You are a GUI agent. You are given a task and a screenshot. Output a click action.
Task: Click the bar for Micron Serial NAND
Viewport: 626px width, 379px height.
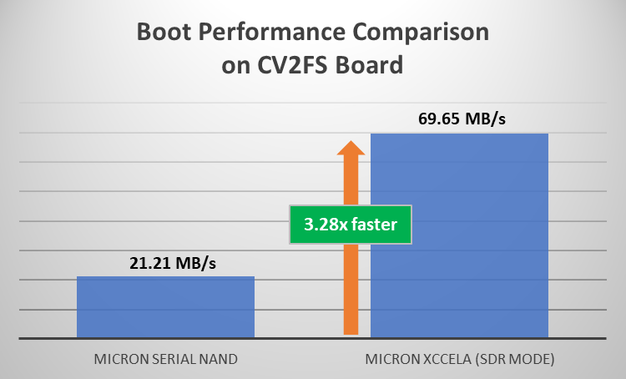tap(165, 306)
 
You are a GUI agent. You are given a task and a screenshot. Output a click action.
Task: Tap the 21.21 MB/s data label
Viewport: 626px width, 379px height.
tap(165, 264)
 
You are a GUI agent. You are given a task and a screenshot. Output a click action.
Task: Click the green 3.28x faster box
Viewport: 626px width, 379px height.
tap(351, 225)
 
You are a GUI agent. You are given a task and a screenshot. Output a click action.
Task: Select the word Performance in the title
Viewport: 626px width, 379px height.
tap(270, 35)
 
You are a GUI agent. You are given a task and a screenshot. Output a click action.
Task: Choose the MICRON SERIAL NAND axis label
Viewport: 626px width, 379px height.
tap(165, 360)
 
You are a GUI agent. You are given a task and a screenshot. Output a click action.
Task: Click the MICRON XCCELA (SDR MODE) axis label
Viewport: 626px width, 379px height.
tap(459, 360)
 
